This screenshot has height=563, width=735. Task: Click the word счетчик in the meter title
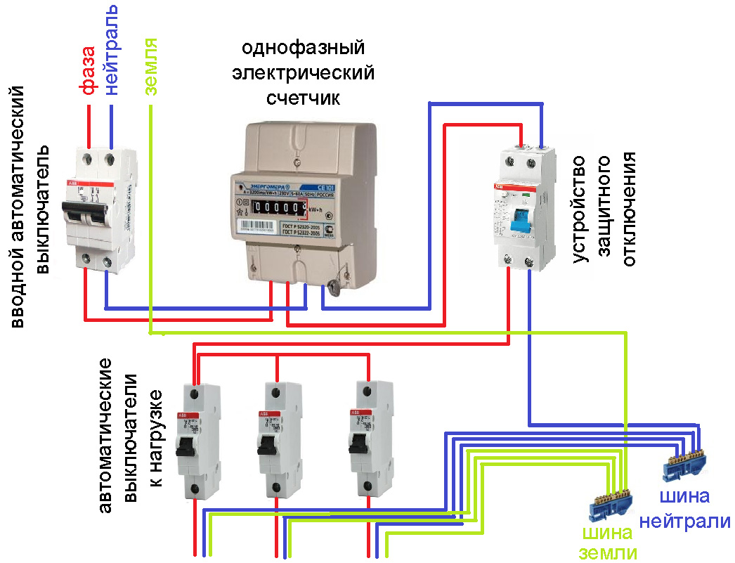click(303, 98)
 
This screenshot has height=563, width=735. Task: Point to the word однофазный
click(304, 48)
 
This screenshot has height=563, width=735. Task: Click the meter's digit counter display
click(280, 208)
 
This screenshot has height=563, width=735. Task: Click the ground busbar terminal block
click(612, 500)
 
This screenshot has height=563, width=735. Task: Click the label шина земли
click(609, 542)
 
